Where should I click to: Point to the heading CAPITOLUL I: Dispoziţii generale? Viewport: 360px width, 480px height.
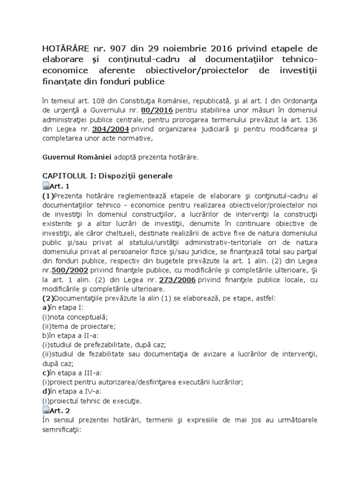click(107, 176)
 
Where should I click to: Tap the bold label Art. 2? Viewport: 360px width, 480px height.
click(60, 411)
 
